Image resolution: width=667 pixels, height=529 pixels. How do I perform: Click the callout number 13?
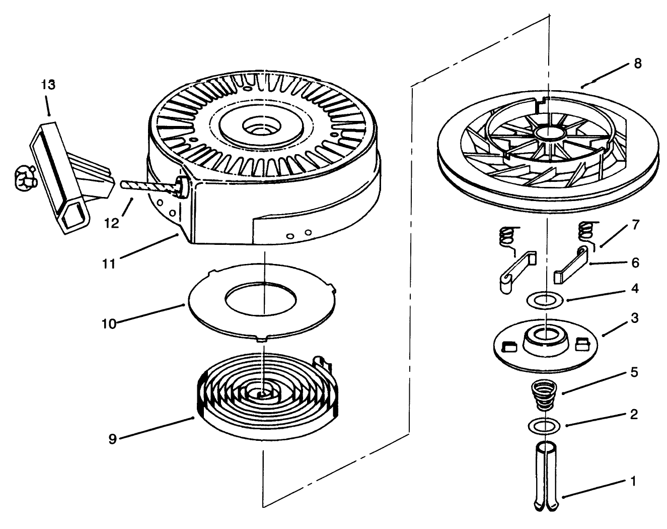[48, 85]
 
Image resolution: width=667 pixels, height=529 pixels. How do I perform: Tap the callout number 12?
[112, 223]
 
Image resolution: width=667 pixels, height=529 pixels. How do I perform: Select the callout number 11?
[109, 263]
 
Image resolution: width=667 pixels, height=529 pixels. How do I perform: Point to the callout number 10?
[109, 323]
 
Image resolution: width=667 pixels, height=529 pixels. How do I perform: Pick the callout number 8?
[637, 64]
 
